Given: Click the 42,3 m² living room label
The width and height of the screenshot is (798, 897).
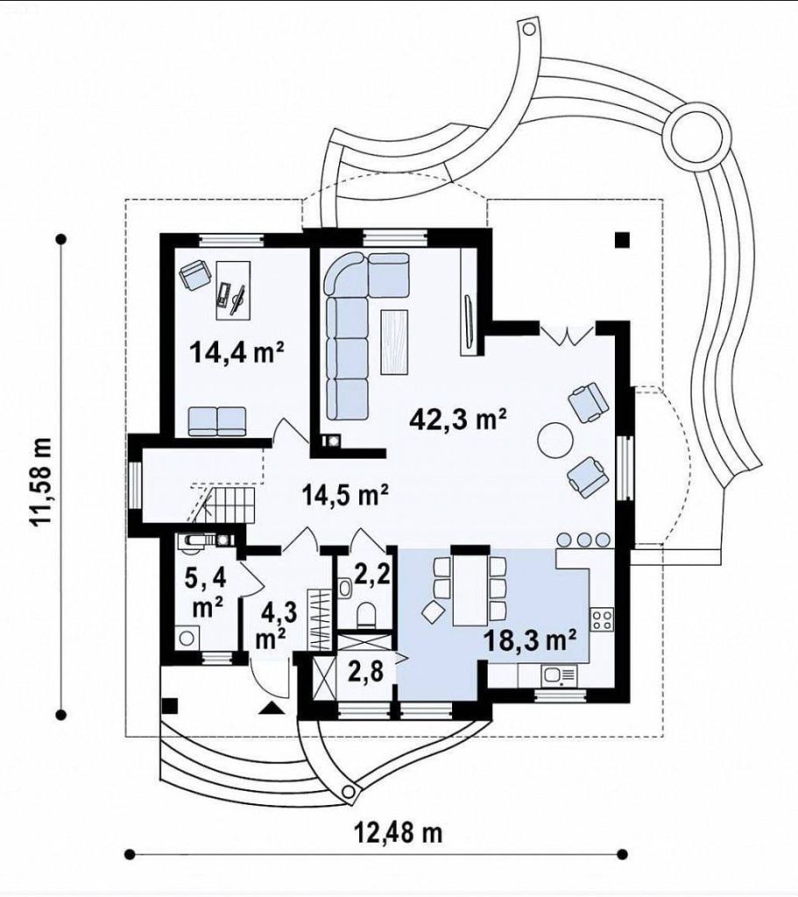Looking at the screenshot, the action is pos(459,420).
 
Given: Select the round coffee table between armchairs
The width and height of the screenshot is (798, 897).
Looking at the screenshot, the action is pos(554,440).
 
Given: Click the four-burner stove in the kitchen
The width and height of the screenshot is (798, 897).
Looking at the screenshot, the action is pos(602,619).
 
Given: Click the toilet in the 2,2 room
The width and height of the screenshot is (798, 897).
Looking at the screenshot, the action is pos(366,615).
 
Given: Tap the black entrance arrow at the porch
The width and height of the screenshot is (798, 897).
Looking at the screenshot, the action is pos(272,708).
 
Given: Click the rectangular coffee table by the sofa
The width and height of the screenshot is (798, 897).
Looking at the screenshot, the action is pos(394,342).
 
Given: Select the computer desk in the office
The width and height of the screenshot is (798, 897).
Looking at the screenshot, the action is pos(233,289).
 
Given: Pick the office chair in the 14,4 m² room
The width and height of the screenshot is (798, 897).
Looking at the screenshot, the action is pos(194,274).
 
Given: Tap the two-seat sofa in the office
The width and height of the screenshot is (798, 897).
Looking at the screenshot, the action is pos(217,421).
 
